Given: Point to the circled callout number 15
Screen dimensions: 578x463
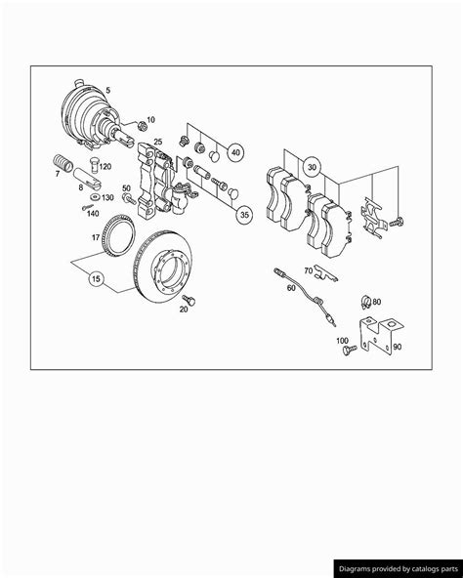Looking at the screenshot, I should click(96, 278).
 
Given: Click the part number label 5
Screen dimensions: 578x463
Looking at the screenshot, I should click(120, 92).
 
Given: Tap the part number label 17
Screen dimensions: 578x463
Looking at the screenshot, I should click(96, 236).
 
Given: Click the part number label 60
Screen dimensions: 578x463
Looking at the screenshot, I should click(291, 287).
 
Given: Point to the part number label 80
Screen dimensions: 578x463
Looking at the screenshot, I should click(377, 303).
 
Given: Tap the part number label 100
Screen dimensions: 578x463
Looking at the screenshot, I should click(342, 341).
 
